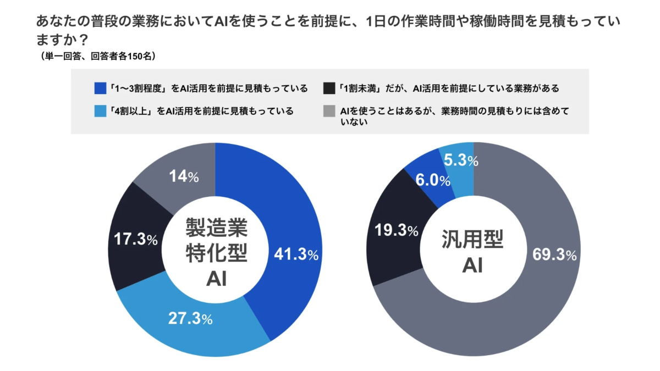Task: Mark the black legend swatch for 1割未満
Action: (329, 88)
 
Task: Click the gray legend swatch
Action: (329, 112)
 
